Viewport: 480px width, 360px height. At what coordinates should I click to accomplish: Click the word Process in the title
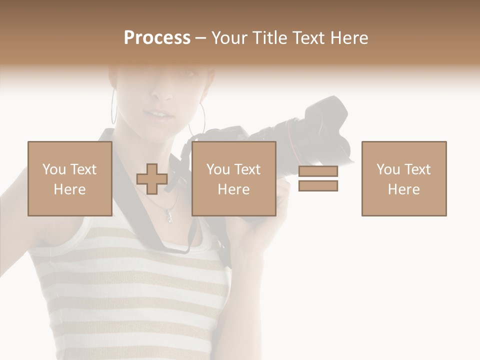[x=157, y=38]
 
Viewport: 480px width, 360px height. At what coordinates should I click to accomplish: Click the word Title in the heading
[x=270, y=38]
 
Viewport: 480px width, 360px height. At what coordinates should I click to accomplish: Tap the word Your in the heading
[x=230, y=38]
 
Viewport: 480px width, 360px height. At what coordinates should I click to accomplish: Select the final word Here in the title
[x=349, y=38]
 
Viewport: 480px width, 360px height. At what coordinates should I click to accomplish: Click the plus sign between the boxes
[x=152, y=179]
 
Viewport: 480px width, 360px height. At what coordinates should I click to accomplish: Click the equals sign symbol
[x=318, y=178]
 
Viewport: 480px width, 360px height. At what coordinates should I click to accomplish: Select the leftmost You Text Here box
[x=69, y=178]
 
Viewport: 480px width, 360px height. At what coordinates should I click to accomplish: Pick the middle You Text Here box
[x=233, y=178]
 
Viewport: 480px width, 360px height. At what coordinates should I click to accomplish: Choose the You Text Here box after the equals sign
[x=403, y=178]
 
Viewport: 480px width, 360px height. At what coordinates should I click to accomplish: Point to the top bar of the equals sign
[x=318, y=171]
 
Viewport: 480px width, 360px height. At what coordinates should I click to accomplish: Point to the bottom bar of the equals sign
[x=318, y=185]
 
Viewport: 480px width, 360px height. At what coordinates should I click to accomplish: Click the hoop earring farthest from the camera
[x=114, y=106]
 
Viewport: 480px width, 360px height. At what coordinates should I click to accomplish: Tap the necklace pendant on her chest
[x=169, y=217]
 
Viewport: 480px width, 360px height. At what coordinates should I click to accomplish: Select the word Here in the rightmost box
[x=403, y=189]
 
